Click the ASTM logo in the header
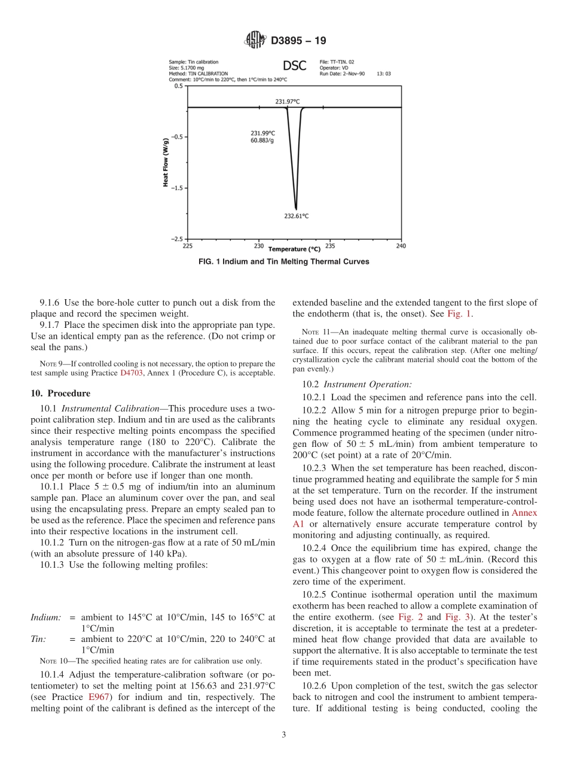255,41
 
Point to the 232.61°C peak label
296,216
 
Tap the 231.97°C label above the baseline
287,102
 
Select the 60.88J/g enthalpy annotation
262,140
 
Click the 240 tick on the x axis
401,246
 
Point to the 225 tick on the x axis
188,246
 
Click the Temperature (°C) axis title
294,249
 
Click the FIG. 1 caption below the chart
283,261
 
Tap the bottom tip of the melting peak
296,209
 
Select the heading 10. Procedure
60,393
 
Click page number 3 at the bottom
284,735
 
